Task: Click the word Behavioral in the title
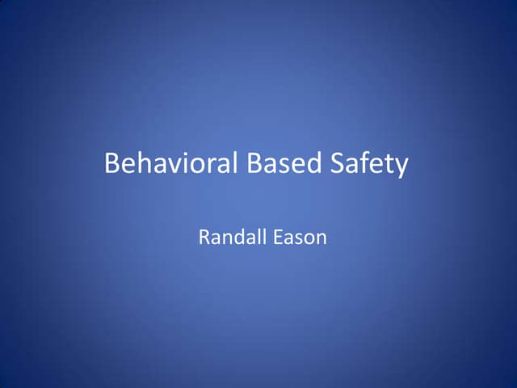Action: [172, 164]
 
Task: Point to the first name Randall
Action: [230, 238]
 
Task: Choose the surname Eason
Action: [298, 238]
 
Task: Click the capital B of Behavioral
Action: [112, 164]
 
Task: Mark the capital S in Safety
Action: [338, 164]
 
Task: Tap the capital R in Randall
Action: [204, 238]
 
